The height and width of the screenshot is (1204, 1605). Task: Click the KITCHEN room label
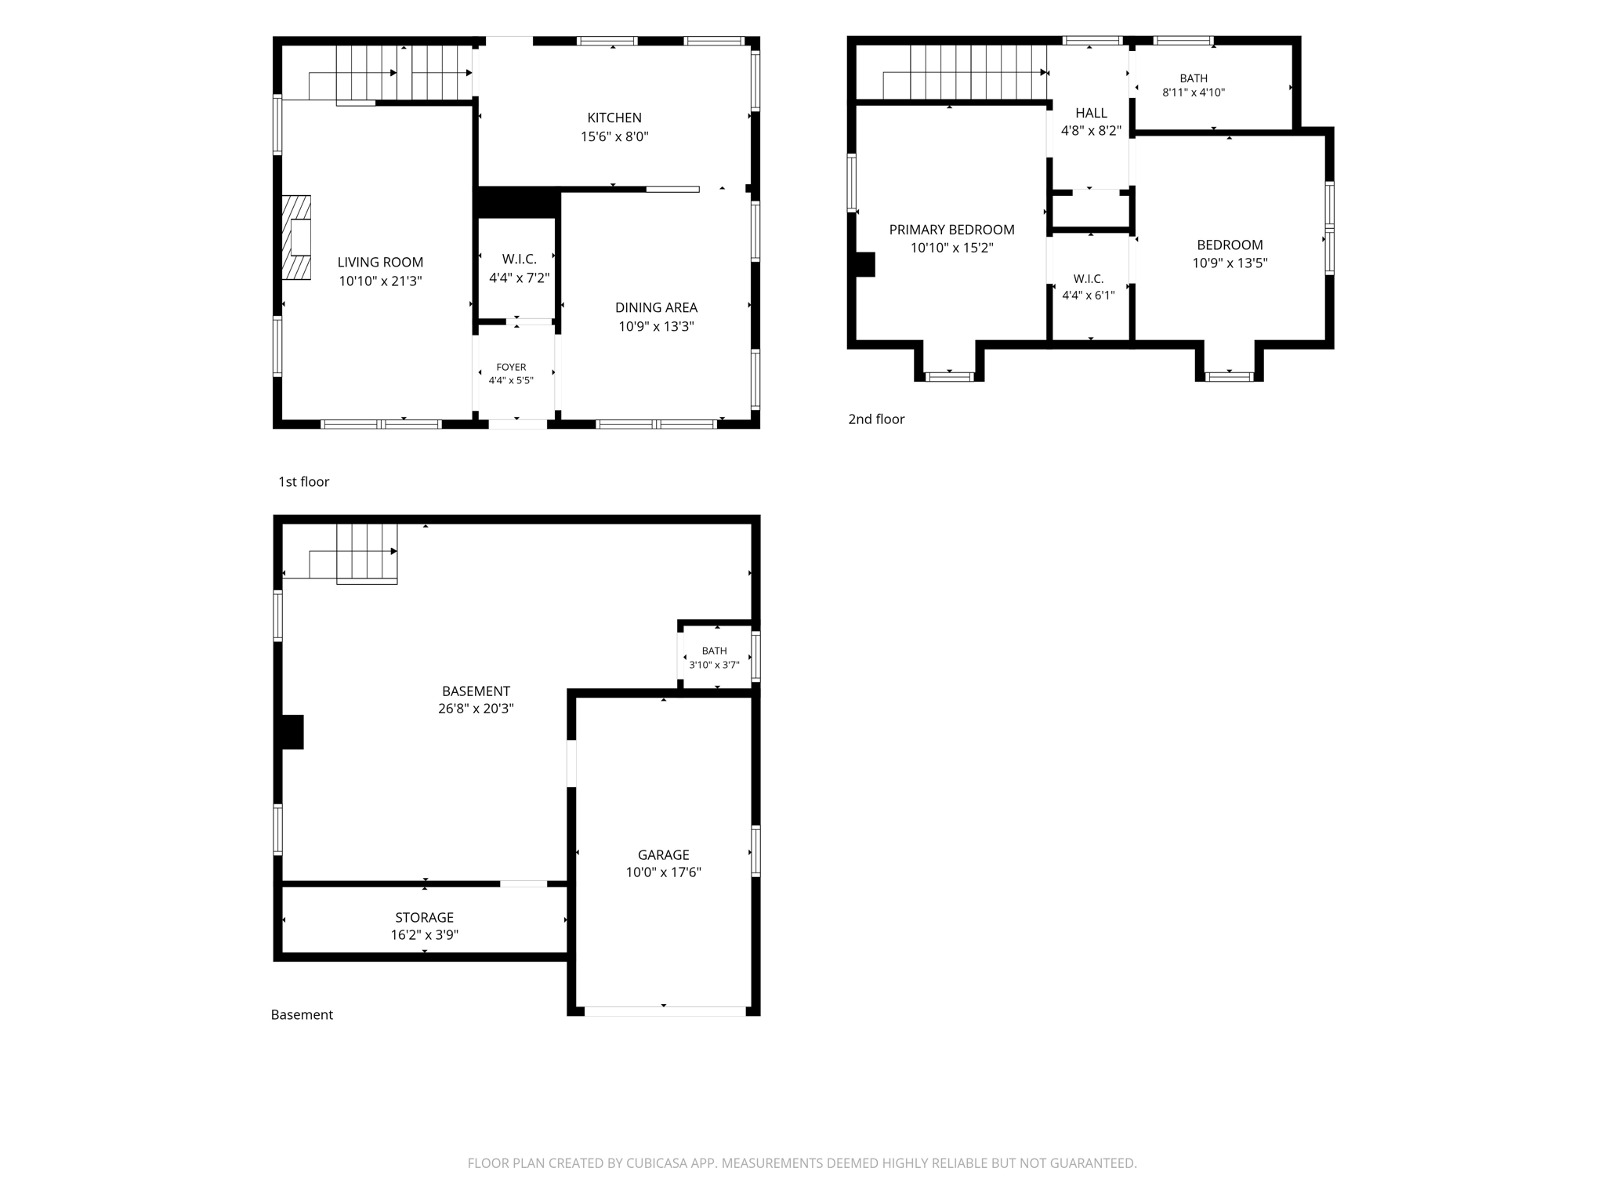coord(614,118)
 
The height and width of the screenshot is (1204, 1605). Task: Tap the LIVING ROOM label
coord(380,263)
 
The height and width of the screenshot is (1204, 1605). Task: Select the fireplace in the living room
coord(296,238)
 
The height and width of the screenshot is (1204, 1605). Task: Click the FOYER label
coord(511,367)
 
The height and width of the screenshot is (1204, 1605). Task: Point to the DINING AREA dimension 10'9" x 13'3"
coord(656,326)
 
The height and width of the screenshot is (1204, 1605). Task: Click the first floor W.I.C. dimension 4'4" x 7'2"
coord(519,277)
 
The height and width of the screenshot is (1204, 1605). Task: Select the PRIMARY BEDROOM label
coord(951,230)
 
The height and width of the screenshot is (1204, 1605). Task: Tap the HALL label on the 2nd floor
coord(1091,113)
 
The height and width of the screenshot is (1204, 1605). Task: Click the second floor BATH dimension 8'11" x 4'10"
coord(1193,92)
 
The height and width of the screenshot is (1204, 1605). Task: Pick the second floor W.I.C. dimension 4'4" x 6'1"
coord(1088,296)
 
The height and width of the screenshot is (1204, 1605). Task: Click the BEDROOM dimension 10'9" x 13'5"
coord(1230,263)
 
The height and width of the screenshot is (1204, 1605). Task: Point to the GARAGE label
coord(663,855)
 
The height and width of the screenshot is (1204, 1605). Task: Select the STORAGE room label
coord(424,917)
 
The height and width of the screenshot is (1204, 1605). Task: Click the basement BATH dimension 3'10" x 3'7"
coord(714,665)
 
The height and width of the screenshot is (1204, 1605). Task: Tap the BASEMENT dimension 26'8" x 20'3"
coord(476,709)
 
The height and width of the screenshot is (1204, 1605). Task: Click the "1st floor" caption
coord(303,481)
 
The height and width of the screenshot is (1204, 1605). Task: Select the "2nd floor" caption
coord(876,419)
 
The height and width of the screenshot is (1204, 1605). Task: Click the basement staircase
coord(367,553)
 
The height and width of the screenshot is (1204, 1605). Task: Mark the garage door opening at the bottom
coord(665,1011)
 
